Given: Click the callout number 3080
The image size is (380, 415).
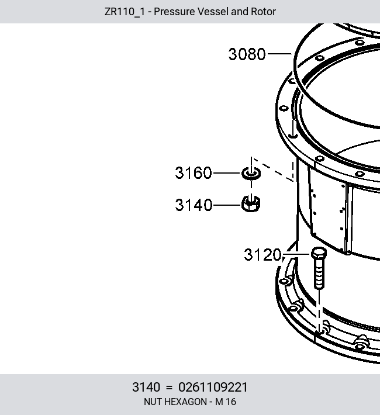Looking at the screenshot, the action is (247, 54).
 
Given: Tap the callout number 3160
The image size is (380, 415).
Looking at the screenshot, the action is (194, 173).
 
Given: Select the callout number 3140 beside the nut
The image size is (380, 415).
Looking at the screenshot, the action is (194, 205).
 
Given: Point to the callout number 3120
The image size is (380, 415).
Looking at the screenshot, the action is (262, 255).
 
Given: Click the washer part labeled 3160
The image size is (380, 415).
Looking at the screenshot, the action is (251, 174).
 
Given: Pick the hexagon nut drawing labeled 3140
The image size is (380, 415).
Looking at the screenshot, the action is (251, 204).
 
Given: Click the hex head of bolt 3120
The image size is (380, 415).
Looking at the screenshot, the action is (319, 253).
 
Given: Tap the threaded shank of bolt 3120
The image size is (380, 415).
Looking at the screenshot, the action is (319, 274).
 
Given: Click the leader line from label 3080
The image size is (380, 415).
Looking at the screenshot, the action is (279, 54).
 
